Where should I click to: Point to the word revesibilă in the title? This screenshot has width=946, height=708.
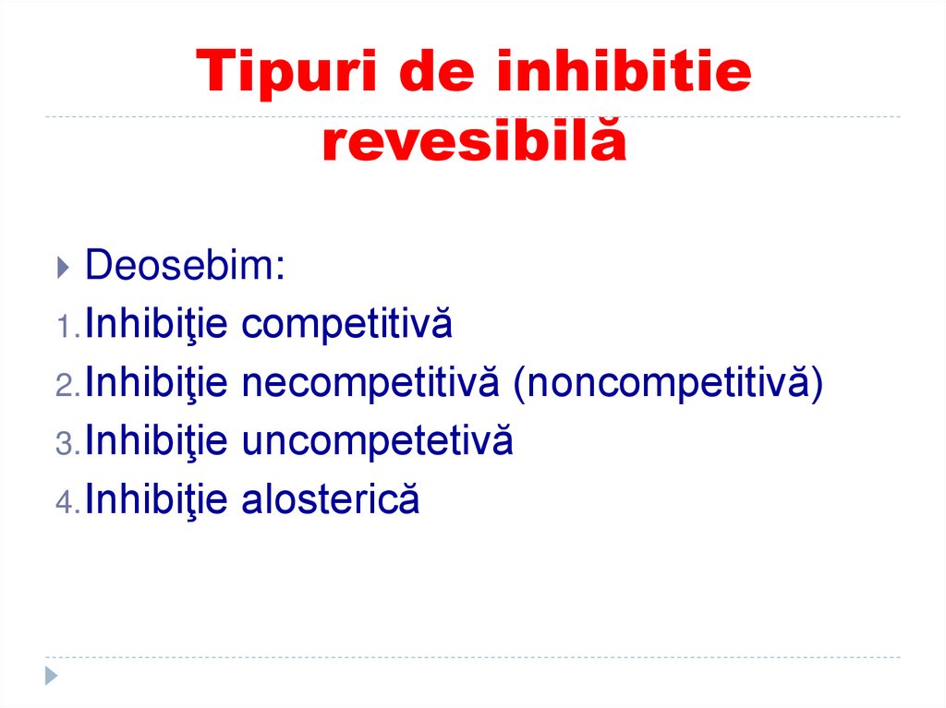click(473, 143)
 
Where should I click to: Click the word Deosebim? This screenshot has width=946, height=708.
click(185, 267)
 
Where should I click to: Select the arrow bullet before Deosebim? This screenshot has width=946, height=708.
click(62, 269)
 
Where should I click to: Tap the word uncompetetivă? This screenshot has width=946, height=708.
click(377, 442)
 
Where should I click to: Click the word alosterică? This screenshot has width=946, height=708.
click(331, 500)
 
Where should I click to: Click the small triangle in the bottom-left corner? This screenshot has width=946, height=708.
click(52, 675)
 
